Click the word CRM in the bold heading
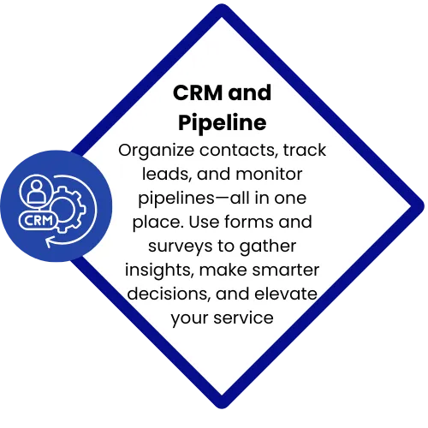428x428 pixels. pyautogui.click(x=198, y=92)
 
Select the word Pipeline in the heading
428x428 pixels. pyautogui.click(x=223, y=122)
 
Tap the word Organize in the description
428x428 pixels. pyautogui.click(x=156, y=151)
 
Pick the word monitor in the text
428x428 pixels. pyautogui.click(x=269, y=174)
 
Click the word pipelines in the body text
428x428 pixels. pyautogui.click(x=176, y=199)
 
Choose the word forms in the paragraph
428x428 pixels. pyautogui.click(x=249, y=222)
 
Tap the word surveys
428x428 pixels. pyautogui.click(x=180, y=247)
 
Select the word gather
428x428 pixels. pyautogui.click(x=268, y=247)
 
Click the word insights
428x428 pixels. pyautogui.click(x=159, y=270)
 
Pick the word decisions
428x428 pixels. pyautogui.click(x=169, y=294)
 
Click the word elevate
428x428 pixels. pyautogui.click(x=286, y=294)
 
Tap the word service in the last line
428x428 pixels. pyautogui.click(x=244, y=318)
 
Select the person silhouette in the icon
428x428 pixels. pyautogui.click(x=36, y=191)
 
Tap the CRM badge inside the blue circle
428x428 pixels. pyautogui.click(x=39, y=221)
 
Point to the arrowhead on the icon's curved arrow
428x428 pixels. pyautogui.click(x=50, y=242)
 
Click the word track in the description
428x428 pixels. pyautogui.click(x=305, y=150)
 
